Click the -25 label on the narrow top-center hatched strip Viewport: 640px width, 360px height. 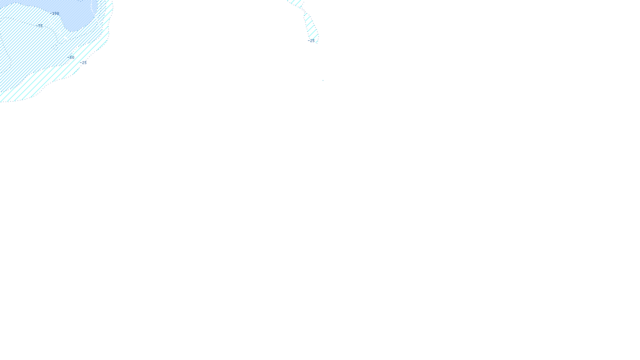pos(312,41)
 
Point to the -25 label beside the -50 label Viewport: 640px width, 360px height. pos(83,63)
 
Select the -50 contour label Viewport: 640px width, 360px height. pos(72,58)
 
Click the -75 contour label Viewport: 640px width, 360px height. pos(39,26)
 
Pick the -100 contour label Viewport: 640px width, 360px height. pos(56,14)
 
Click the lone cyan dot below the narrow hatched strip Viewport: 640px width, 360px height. pos(323,80)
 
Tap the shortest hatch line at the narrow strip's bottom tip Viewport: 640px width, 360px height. pos(316,42)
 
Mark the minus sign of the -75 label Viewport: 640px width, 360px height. pos(36,26)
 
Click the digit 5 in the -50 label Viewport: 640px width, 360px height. pos(71,58)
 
